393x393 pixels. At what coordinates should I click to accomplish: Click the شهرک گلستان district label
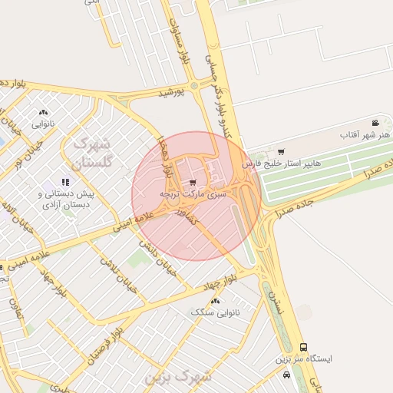[x=91, y=153]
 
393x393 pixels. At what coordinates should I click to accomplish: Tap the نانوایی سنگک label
[x=215, y=312]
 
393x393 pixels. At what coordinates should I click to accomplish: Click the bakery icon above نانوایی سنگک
[x=215, y=301]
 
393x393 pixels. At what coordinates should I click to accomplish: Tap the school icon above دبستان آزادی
[x=65, y=183]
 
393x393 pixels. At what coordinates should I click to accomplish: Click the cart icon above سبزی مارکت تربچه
[x=192, y=183]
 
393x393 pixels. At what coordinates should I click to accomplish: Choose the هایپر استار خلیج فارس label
[x=282, y=164]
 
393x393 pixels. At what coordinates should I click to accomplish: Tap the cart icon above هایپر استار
[x=281, y=151]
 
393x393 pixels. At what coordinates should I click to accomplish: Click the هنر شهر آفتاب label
[x=365, y=135]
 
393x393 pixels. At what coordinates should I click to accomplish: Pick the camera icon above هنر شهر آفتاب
[x=375, y=123]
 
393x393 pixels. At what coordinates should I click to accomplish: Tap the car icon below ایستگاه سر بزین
[x=286, y=375]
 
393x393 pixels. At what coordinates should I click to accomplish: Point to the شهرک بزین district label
[x=179, y=377]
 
